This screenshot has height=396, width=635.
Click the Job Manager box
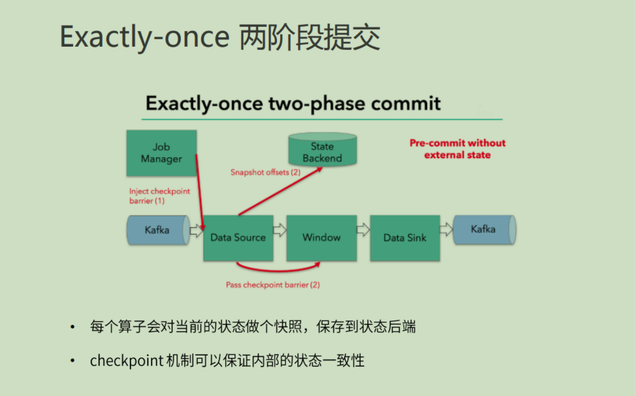[x=161, y=153]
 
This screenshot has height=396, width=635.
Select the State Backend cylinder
[x=322, y=150]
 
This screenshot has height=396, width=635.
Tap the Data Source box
[x=238, y=238]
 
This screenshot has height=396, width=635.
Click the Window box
[x=321, y=238]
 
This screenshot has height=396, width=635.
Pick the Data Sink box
[x=405, y=238]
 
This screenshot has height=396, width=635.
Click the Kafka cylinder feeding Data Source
[x=157, y=230]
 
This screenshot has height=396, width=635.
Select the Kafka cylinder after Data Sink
[x=484, y=230]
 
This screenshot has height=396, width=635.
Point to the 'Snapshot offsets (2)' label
[x=265, y=172]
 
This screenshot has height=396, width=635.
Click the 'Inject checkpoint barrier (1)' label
[x=160, y=196]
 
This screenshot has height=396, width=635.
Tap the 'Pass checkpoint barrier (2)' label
[x=273, y=285]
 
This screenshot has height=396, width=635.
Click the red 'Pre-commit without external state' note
[x=458, y=149]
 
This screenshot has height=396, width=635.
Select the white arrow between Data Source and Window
[x=280, y=230]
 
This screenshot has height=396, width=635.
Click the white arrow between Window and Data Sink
[x=363, y=230]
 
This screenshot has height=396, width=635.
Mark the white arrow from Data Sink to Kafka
[x=446, y=230]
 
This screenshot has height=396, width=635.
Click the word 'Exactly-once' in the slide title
[x=145, y=37]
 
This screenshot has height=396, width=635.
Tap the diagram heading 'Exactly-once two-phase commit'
[x=293, y=103]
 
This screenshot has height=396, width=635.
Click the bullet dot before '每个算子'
[x=72, y=327]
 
